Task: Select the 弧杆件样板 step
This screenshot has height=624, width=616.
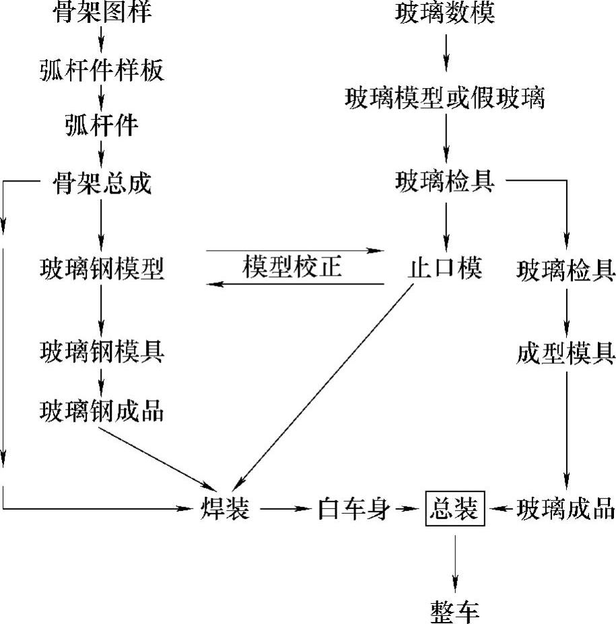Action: click(101, 69)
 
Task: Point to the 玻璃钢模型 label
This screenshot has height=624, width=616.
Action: click(101, 269)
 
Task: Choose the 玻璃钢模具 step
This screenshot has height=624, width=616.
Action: click(101, 352)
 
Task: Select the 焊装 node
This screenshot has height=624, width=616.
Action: click(225, 509)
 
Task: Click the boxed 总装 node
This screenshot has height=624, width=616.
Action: click(454, 510)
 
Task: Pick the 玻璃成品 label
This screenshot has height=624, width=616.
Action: click(566, 509)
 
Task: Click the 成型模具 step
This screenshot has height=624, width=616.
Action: click(566, 352)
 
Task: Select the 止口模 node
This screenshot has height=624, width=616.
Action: click(445, 269)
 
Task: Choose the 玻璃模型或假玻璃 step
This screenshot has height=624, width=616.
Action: click(445, 98)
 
